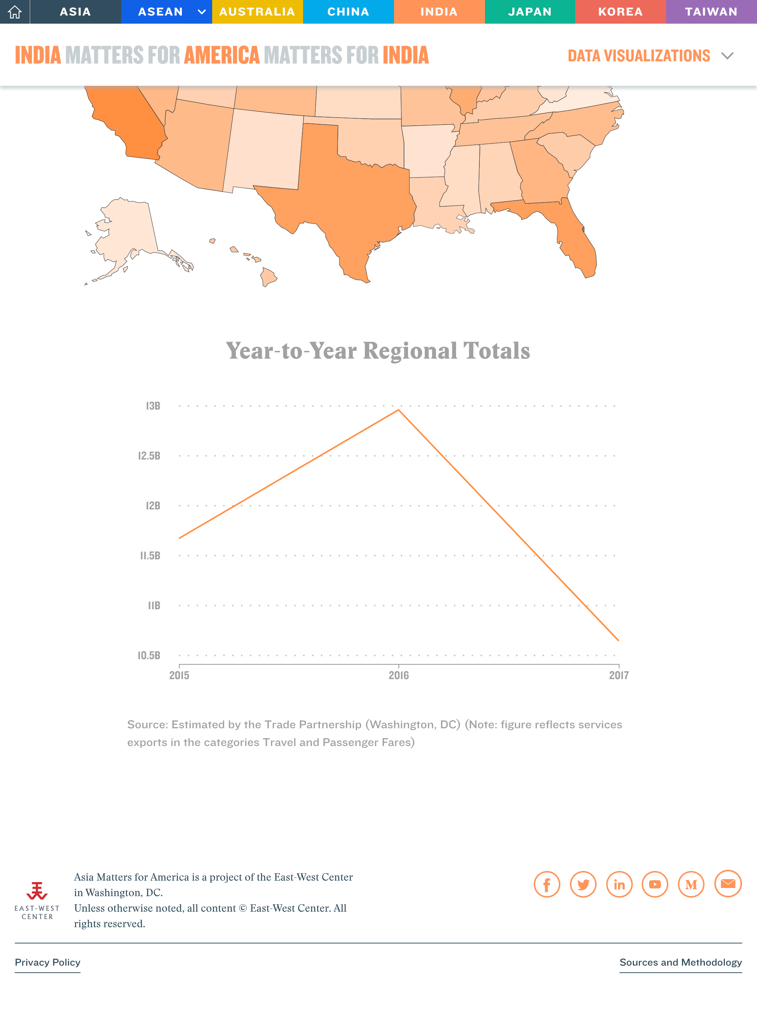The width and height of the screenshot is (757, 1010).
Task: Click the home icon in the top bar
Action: pyautogui.click(x=15, y=12)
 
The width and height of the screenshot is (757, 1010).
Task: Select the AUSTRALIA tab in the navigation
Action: pyautogui.click(x=257, y=12)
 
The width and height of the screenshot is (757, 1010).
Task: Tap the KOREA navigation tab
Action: pyautogui.click(x=620, y=12)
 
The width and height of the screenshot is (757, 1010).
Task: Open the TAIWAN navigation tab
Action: pyautogui.click(x=711, y=12)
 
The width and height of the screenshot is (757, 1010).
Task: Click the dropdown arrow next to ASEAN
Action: pyautogui.click(x=201, y=12)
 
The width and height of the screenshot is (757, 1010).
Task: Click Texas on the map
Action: pyautogui.click(x=347, y=201)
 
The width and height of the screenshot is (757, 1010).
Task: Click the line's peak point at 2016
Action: pyautogui.click(x=398, y=410)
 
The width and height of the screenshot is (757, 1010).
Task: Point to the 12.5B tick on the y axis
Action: pyautogui.click(x=149, y=456)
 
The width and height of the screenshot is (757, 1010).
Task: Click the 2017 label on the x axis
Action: pyautogui.click(x=619, y=675)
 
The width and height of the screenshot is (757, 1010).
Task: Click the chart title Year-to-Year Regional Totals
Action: pyautogui.click(x=378, y=351)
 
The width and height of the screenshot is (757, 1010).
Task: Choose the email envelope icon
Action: pyautogui.click(x=728, y=884)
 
